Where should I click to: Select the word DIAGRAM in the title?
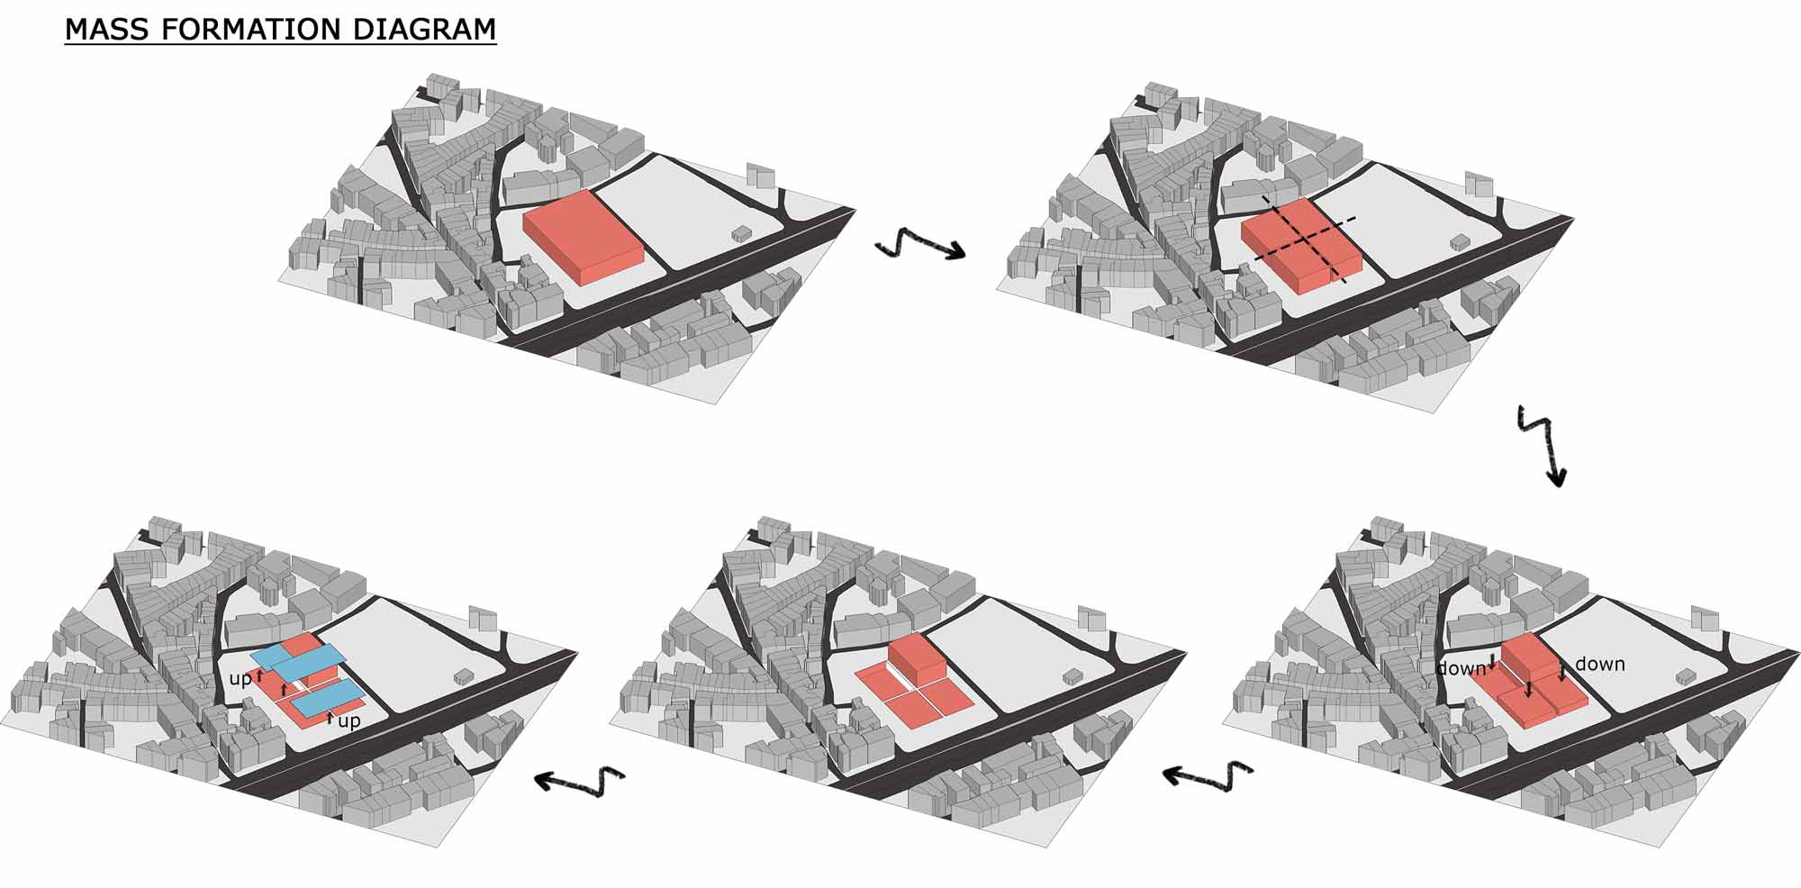(424, 29)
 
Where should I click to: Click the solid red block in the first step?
(584, 238)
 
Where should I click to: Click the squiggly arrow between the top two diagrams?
(919, 244)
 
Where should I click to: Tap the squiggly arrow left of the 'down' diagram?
(1208, 775)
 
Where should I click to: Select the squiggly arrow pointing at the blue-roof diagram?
(580, 778)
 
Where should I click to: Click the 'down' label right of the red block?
(1600, 664)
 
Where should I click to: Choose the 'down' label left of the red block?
(1461, 668)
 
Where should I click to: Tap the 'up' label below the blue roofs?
(349, 721)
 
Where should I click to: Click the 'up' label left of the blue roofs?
(240, 679)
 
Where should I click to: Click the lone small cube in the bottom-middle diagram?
(1073, 675)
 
